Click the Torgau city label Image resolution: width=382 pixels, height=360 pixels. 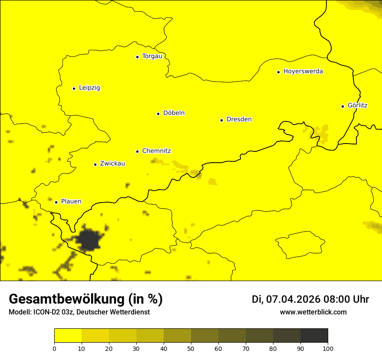click(x=152, y=56)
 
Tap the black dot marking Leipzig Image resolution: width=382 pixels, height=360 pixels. click(x=74, y=88)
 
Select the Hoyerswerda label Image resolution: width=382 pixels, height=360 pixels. click(x=303, y=72)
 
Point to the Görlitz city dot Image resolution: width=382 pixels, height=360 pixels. click(x=342, y=106)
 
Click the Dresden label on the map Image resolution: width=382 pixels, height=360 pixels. click(x=239, y=120)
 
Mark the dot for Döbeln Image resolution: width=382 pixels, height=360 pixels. click(x=158, y=114)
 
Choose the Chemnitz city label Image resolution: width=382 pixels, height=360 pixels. click(x=156, y=151)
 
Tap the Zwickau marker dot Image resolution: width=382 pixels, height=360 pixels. click(x=95, y=164)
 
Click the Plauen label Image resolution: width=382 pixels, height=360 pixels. click(x=71, y=202)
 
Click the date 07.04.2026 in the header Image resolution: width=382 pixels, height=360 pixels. click(x=293, y=299)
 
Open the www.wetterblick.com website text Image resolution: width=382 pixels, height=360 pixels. click(x=313, y=312)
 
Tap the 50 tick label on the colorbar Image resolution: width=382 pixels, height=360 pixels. click(x=191, y=348)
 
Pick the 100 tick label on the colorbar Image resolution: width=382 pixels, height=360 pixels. click(x=328, y=348)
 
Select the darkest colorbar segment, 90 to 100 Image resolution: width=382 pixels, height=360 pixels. click(x=314, y=335)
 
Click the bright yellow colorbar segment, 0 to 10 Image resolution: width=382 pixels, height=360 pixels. click(x=68, y=335)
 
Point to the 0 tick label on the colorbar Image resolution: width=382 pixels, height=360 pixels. click(x=54, y=348)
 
